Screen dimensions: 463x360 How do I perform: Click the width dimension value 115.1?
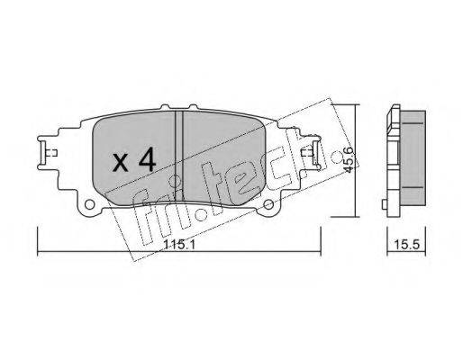pyautogui.click(x=179, y=245)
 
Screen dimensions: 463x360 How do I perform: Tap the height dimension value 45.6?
pyautogui.click(x=349, y=160)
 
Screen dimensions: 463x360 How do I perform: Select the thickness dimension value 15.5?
pyautogui.click(x=406, y=245)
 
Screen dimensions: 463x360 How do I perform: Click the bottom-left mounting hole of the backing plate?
pyautogui.click(x=89, y=204)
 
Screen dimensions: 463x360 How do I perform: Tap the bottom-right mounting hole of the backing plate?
pyautogui.click(x=268, y=204)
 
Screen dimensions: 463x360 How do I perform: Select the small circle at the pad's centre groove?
pyautogui.click(x=175, y=181)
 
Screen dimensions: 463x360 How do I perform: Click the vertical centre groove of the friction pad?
pyautogui.click(x=179, y=156)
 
